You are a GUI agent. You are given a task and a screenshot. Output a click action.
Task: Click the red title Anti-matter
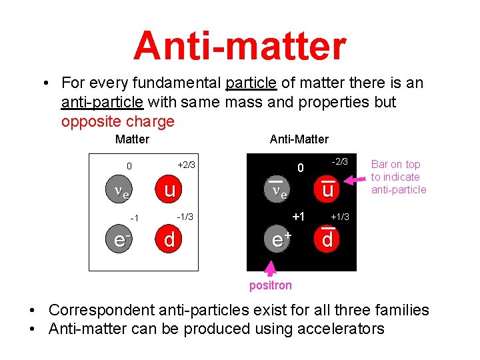(240, 46)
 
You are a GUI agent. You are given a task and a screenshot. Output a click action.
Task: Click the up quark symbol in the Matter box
(169, 191)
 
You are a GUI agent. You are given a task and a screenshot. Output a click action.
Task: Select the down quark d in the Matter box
(169, 239)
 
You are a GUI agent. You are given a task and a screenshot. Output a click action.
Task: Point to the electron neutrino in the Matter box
(121, 192)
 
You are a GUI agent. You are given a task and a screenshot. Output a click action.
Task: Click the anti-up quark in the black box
(326, 189)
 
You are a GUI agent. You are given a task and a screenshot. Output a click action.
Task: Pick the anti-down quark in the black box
(327, 238)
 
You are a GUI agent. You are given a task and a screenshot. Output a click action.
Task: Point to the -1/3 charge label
(185, 217)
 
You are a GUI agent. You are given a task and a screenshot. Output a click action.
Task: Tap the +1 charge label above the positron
(298, 217)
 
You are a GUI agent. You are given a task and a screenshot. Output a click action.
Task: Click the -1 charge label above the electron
(134, 219)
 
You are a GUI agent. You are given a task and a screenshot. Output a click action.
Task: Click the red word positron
(271, 285)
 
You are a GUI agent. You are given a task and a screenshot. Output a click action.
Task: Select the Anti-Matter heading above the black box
(299, 139)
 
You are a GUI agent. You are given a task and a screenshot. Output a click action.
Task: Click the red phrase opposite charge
(117, 122)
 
